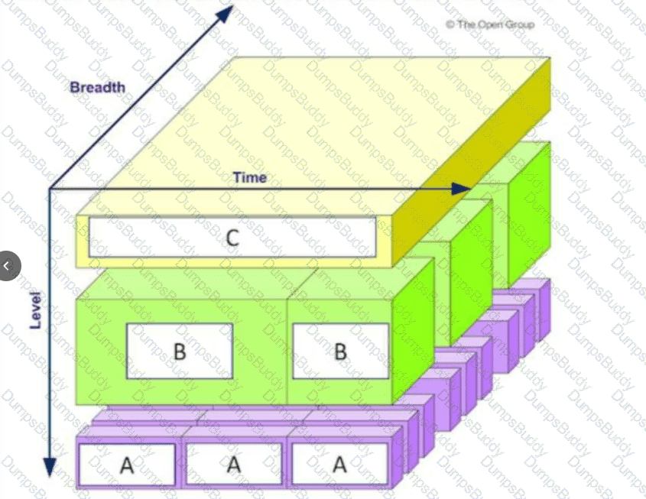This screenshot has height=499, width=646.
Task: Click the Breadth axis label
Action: [97, 87]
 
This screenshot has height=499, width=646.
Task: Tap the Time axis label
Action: [250, 177]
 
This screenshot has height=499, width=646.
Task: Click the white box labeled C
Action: [232, 237]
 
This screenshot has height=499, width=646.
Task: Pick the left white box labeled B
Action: [180, 351]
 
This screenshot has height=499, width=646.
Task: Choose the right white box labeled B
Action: [340, 351]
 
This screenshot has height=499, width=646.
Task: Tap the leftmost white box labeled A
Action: [128, 464]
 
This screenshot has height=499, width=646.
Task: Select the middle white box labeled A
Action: [234, 464]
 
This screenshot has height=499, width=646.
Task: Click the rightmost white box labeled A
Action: [339, 464]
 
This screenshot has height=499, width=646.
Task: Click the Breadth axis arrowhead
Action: [226, 11]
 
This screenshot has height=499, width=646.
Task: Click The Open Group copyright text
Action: [490, 24]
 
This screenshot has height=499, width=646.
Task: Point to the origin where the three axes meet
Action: [50, 189]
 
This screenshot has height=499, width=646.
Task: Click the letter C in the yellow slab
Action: [232, 237]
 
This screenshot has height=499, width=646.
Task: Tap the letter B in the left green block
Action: [180, 352]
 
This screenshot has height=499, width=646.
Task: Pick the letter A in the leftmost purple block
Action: [128, 465]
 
